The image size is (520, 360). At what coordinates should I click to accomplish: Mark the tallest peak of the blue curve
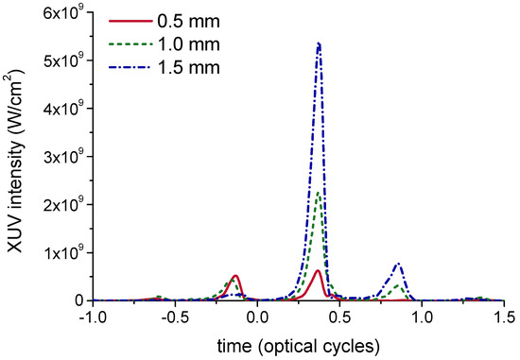(x=319, y=43)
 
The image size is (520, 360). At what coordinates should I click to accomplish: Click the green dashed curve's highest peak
(x=320, y=192)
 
